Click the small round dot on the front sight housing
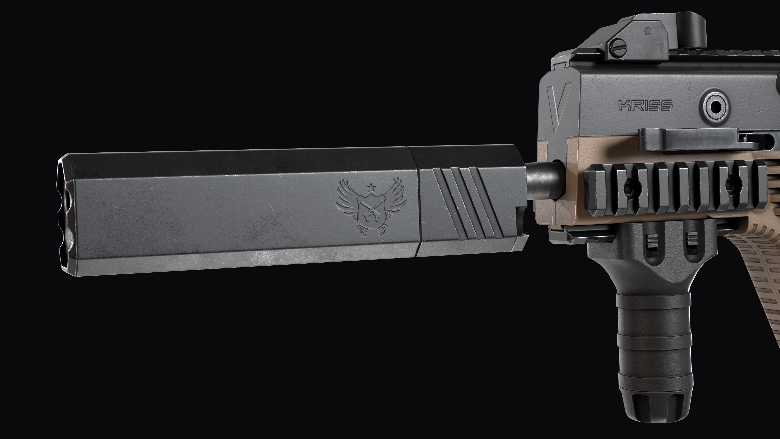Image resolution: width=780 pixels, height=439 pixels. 648,31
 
